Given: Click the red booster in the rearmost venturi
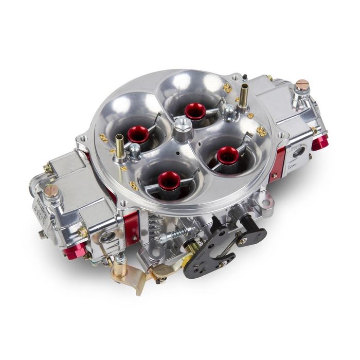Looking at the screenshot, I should click(195, 110).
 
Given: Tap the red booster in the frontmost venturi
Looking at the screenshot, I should click(169, 180).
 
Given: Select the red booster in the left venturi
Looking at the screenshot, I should click(138, 134).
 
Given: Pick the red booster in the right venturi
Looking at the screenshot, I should click(227, 154).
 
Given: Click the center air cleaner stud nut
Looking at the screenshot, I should click(183, 125).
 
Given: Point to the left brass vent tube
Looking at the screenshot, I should click(119, 146).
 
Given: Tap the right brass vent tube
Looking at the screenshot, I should click(243, 96).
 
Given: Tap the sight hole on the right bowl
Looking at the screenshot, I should click(298, 152).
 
